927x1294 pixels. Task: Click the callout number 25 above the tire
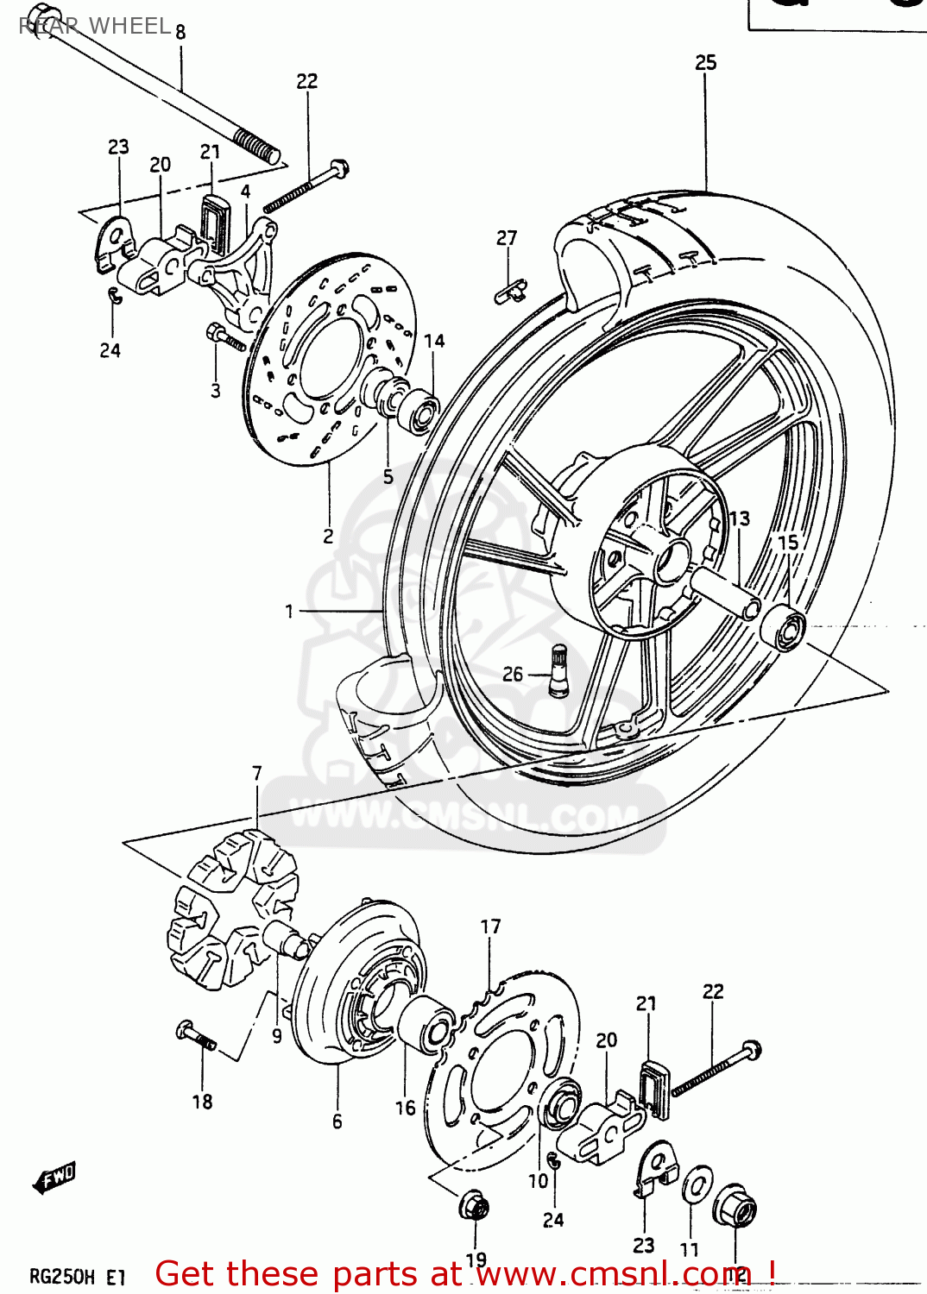[x=705, y=63]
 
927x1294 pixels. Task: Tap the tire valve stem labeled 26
[x=558, y=669]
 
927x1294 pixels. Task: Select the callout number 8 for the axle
[x=180, y=33]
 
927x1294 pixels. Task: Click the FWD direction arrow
[x=55, y=1177]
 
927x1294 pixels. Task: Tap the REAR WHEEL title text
[x=95, y=26]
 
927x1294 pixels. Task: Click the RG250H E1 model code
[x=78, y=1277]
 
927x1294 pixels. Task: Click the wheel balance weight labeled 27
[x=510, y=291]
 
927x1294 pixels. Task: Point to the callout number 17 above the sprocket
[x=490, y=927]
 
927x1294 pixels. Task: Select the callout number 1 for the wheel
[x=289, y=612]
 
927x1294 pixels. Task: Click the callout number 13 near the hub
[x=740, y=518]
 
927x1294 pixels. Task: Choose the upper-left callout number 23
[x=118, y=147]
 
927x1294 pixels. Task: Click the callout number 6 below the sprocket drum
[x=337, y=1121]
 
